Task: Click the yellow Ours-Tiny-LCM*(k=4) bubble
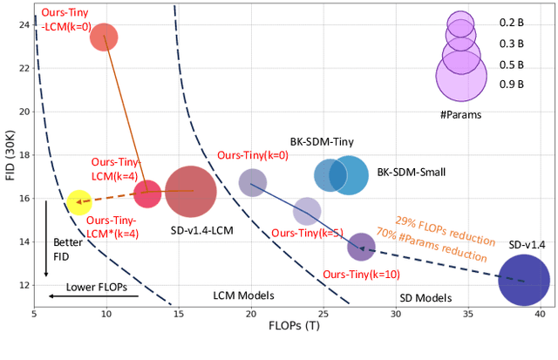(x=78, y=202)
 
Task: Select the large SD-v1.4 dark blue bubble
(x=523, y=281)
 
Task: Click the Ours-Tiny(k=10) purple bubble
(x=361, y=247)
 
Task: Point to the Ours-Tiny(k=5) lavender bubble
(x=306, y=211)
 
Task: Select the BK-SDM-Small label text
(x=412, y=173)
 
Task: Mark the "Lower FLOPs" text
(x=94, y=285)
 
